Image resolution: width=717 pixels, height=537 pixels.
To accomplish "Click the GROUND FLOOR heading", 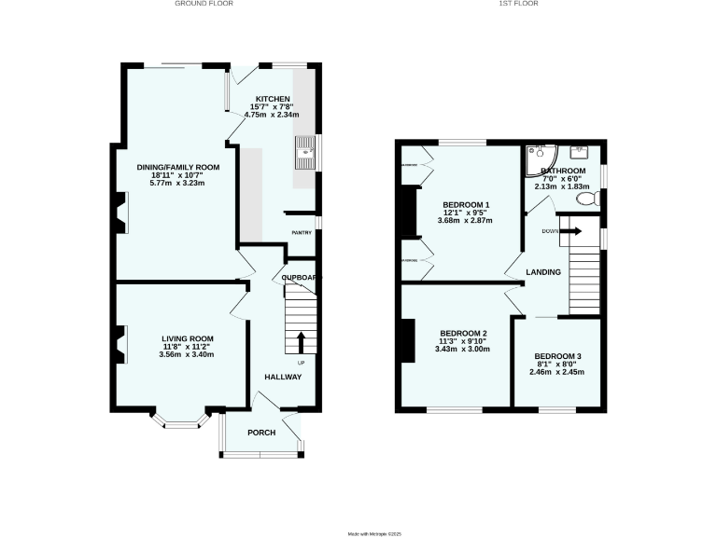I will (204, 4).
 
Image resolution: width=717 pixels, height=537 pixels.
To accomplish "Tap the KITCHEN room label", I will (273, 98).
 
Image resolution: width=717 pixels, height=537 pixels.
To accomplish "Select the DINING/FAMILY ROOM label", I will (177, 167).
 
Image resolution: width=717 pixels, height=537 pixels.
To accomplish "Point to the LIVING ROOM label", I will (187, 338).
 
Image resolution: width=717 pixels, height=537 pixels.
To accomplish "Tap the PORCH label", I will (262, 434).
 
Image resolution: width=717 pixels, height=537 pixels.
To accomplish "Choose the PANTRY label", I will (301, 233).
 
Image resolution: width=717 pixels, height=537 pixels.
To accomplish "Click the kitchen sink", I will (304, 148).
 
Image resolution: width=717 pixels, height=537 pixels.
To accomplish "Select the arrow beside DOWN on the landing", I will (570, 230).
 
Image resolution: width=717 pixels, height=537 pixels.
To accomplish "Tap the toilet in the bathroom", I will (587, 199).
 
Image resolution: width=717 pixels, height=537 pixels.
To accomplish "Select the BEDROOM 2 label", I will (463, 334).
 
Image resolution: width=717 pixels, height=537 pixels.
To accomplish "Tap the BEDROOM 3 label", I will (557, 356).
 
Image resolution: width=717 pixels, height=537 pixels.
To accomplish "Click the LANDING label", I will (542, 272).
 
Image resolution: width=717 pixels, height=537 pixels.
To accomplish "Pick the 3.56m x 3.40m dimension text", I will (187, 354).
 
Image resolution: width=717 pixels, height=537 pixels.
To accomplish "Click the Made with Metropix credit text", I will (373, 533).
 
